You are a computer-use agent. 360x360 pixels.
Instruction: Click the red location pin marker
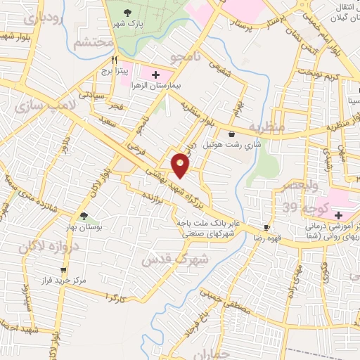click(x=181, y=165)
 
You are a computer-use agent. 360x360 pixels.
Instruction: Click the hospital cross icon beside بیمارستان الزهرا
click(x=155, y=73)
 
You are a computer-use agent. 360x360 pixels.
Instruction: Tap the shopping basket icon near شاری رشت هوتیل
click(x=232, y=132)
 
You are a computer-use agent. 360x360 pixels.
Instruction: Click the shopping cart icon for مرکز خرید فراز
click(x=63, y=269)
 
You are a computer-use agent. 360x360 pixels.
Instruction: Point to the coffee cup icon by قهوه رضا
click(x=266, y=227)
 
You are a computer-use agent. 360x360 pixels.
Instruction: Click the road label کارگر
click(x=115, y=297)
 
